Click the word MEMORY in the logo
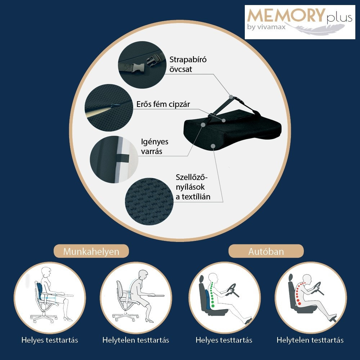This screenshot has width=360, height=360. [x=286, y=16]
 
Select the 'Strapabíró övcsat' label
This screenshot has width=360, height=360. [x=188, y=64]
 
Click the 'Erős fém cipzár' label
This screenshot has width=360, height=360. [x=163, y=104]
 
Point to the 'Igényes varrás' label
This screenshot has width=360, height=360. [x=154, y=146]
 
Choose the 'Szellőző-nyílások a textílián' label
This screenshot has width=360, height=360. [x=193, y=187]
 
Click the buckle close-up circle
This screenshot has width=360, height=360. [x=142, y=64]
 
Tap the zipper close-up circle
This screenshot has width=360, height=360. [x=109, y=108]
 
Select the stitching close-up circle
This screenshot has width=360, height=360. [x=114, y=159]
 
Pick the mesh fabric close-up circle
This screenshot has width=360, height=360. [x=149, y=201]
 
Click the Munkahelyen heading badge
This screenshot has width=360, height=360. [x=91, y=251]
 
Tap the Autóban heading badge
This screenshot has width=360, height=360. [x=266, y=251]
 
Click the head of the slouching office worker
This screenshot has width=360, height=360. [x=143, y=275]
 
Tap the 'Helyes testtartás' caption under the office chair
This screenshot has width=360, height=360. [x=50, y=340]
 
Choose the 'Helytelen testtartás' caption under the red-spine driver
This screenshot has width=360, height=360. [x=310, y=340]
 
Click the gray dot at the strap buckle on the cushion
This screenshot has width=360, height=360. [x=231, y=97]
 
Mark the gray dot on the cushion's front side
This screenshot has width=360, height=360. [x=213, y=146]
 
